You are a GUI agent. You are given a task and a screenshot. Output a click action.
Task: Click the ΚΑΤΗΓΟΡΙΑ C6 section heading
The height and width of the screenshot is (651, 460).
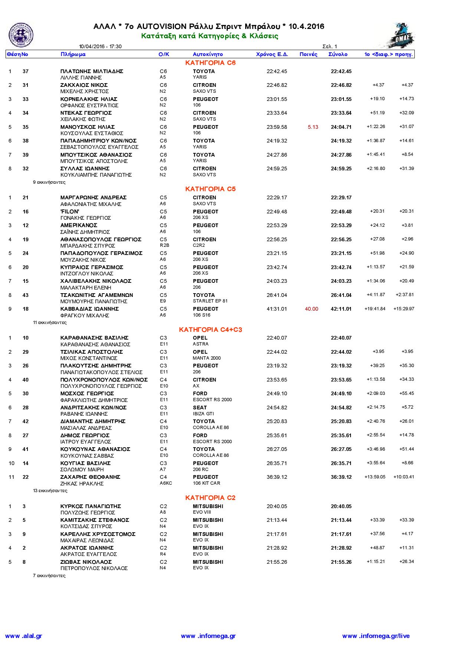click(x=210, y=63)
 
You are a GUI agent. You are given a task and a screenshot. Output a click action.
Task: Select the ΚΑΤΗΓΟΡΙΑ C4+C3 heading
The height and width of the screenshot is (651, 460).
click(x=210, y=330)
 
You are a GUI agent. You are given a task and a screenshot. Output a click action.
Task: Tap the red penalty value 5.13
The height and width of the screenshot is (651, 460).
click(x=313, y=127)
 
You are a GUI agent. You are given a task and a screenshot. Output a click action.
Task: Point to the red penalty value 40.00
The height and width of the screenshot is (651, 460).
click(x=311, y=309)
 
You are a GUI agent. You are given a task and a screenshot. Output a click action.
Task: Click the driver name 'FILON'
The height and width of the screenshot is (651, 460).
click(x=70, y=212)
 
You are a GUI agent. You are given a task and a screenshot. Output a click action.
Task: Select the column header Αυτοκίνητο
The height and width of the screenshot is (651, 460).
click(x=208, y=54)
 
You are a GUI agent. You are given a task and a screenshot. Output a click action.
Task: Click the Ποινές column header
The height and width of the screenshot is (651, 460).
click(x=308, y=54)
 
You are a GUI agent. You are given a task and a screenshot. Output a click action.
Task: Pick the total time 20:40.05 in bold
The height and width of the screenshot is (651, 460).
click(x=341, y=506)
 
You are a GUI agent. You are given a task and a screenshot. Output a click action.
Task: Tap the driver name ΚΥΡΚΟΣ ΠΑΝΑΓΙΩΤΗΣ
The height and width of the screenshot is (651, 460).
click(x=91, y=506)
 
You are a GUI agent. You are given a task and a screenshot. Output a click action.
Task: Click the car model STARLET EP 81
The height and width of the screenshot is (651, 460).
click(x=210, y=301)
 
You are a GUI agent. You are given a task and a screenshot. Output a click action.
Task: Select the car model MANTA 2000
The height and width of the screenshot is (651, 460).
click(x=207, y=358)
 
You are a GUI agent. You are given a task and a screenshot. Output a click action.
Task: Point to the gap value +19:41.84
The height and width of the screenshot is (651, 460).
click(x=375, y=309)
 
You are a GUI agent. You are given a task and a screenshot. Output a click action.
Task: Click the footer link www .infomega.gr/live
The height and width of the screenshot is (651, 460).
click(x=376, y=636)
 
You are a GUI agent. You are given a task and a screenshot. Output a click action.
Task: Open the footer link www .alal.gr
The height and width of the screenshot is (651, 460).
click(x=24, y=636)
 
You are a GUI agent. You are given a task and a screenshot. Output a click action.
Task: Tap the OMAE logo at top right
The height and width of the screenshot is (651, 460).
click(x=397, y=35)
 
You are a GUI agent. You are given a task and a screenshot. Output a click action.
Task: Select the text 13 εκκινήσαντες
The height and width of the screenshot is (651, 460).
click(x=50, y=491)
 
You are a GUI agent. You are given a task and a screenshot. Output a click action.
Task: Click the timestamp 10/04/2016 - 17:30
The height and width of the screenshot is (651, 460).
click(x=100, y=47)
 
